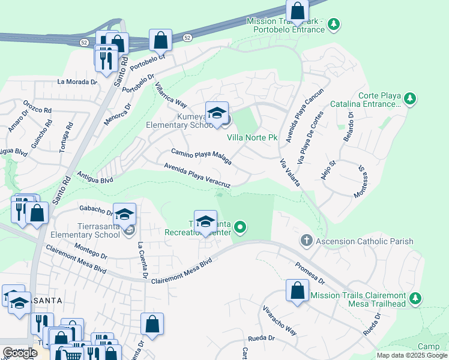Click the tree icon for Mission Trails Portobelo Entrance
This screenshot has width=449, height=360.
tap(334, 25)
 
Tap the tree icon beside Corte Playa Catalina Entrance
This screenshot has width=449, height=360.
tap(410, 98)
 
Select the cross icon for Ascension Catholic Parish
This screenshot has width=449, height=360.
tap(306, 241)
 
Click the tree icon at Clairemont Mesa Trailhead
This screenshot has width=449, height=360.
tap(414, 298)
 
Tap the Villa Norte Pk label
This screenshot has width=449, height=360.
tap(252, 137)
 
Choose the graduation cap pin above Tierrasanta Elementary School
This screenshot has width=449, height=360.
tap(124, 214)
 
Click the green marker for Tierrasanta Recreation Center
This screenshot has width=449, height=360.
tap(240, 227)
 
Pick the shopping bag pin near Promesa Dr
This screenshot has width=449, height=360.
tap(297, 291)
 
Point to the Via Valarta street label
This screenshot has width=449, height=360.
tap(289, 167)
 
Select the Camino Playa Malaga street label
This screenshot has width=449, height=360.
tap(201, 156)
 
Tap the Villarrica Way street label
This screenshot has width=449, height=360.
tap(171, 95)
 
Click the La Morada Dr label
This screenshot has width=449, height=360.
tap(77, 82)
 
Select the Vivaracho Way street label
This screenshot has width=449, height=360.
tap(280, 321)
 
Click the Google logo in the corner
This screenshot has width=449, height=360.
tap(20, 353)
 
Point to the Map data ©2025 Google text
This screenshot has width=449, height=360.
tap(411, 355)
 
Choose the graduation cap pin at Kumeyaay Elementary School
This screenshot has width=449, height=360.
tap(217, 112)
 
